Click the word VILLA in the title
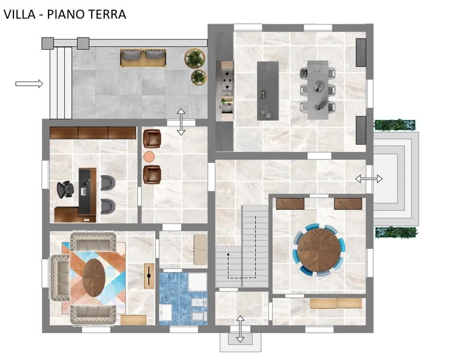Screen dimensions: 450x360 pyautogui.click(x=19, y=15)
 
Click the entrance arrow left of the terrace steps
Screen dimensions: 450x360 pyautogui.click(x=29, y=84)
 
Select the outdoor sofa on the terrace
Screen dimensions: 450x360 pyautogui.click(x=143, y=58)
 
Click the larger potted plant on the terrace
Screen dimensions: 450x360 pyautogui.click(x=195, y=58)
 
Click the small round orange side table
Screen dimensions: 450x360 pyautogui.click(x=149, y=157)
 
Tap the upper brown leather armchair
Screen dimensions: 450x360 pyautogui.click(x=152, y=138)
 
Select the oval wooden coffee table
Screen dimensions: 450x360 pyautogui.click(x=94, y=278)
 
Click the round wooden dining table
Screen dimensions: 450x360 pyautogui.click(x=319, y=250)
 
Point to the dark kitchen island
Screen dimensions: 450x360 pyautogui.click(x=268, y=91)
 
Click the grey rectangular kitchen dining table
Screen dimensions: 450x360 pyautogui.click(x=318, y=90)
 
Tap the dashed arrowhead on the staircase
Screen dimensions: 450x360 pyautogui.click(x=229, y=255)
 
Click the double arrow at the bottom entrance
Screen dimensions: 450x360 pyautogui.click(x=240, y=329)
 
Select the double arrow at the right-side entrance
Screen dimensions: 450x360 pyautogui.click(x=369, y=179)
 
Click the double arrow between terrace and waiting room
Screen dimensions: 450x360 pyautogui.click(x=181, y=122)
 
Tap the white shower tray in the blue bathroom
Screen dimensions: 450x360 pyautogui.click(x=197, y=282)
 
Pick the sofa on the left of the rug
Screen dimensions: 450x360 pyautogui.click(x=60, y=278)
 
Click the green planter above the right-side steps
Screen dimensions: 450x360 pyautogui.click(x=394, y=125)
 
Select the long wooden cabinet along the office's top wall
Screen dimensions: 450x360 pyautogui.click(x=93, y=133)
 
